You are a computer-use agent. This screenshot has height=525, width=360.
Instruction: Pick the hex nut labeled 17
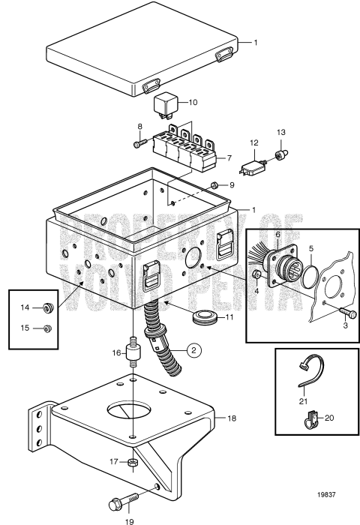[130, 462]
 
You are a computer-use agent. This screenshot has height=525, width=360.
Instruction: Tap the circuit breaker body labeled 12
[253, 166]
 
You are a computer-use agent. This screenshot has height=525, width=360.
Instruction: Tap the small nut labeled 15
[47, 327]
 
